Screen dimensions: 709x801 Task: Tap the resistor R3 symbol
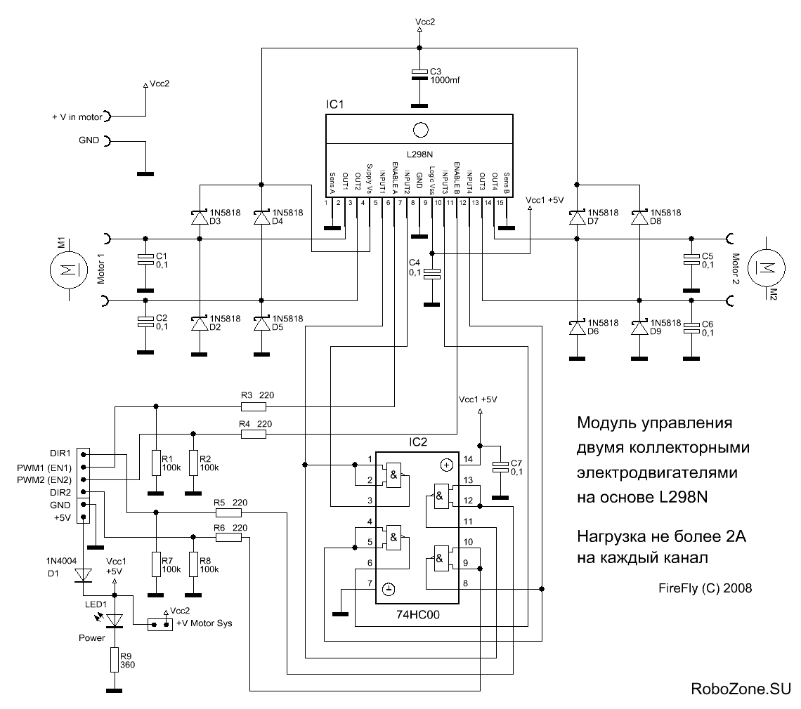tap(253, 406)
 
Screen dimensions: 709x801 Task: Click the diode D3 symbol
tap(200, 218)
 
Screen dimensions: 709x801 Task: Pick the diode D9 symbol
tap(639, 328)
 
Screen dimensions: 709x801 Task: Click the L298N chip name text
tap(419, 153)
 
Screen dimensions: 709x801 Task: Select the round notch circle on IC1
tap(420, 130)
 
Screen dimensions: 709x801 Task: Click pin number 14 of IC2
tap(468, 460)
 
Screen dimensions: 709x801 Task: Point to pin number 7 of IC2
tap(370, 584)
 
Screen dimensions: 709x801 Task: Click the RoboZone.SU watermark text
tap(741, 688)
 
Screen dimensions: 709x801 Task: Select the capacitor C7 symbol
tap(500, 468)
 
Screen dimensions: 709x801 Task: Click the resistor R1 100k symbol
tap(156, 462)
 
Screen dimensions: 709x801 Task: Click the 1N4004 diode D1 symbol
tap(84, 575)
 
